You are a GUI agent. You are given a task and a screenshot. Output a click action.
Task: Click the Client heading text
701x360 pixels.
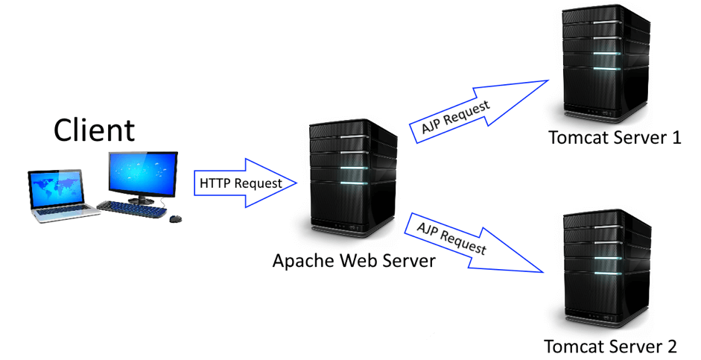click(x=94, y=130)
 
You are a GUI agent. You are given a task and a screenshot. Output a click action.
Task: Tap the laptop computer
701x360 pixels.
click(x=63, y=195)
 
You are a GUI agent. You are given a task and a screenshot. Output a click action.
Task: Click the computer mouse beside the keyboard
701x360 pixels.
click(x=176, y=218)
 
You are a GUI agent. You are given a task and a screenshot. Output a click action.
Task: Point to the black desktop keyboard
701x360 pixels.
click(x=133, y=209)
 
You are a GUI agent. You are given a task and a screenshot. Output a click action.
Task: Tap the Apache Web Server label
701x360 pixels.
click(x=353, y=262)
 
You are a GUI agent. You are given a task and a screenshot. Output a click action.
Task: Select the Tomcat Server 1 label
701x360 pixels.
click(x=615, y=138)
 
